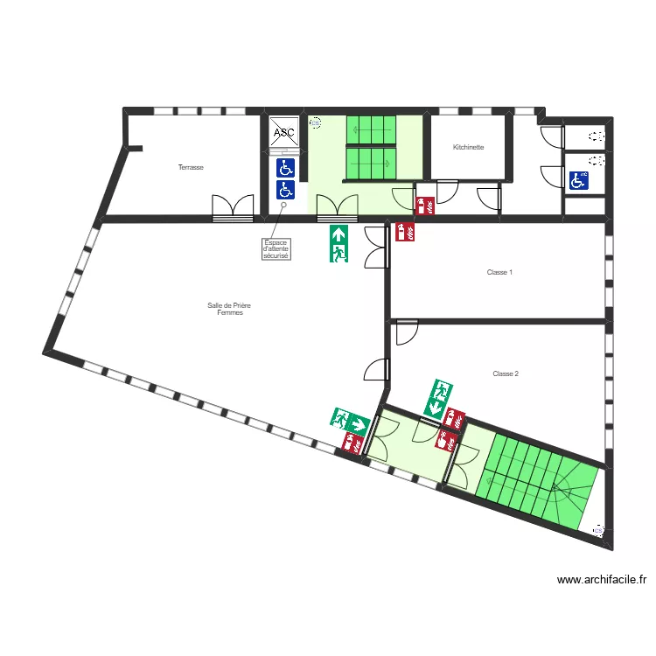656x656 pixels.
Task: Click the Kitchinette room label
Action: click(x=469, y=148)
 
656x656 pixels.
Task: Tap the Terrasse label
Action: click(x=191, y=167)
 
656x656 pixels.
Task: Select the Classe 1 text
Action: click(x=499, y=273)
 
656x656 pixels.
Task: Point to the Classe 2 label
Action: click(x=506, y=374)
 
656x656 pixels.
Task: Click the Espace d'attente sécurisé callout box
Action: click(x=276, y=249)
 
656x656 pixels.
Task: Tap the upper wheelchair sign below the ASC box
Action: click(x=285, y=167)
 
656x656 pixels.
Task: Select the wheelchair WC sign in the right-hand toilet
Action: click(x=578, y=180)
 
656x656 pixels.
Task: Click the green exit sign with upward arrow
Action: click(x=339, y=244)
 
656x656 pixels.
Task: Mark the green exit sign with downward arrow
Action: click(x=438, y=397)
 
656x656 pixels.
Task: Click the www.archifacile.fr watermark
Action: click(x=602, y=579)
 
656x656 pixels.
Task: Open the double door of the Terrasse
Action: click(x=233, y=208)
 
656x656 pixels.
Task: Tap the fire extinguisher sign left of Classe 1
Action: click(x=406, y=232)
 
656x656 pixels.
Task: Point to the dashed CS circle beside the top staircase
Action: click(x=316, y=123)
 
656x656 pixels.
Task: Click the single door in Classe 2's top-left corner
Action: click(x=406, y=332)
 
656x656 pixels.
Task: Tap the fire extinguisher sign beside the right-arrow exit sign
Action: click(x=353, y=443)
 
